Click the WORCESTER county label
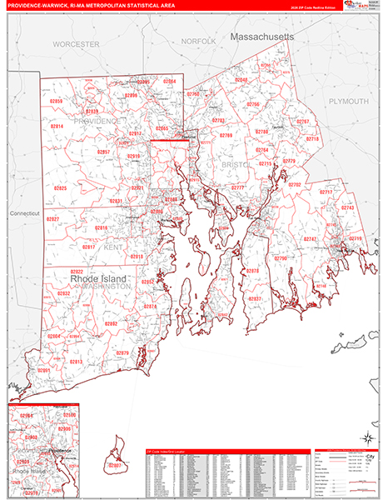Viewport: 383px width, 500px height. [76, 42]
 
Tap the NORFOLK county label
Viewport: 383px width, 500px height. [198, 41]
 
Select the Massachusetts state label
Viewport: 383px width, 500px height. [262, 38]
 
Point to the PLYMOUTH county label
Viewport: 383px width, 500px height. [348, 101]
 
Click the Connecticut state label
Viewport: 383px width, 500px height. [25, 213]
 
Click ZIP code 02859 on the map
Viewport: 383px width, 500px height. [57, 101]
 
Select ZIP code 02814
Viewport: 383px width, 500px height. [57, 126]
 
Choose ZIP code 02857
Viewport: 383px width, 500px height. [103, 152]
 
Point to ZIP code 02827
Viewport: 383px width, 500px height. [52, 218]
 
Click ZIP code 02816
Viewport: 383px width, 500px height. [102, 227]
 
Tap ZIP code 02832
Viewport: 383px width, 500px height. [63, 294]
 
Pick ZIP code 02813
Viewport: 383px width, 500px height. [75, 362]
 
